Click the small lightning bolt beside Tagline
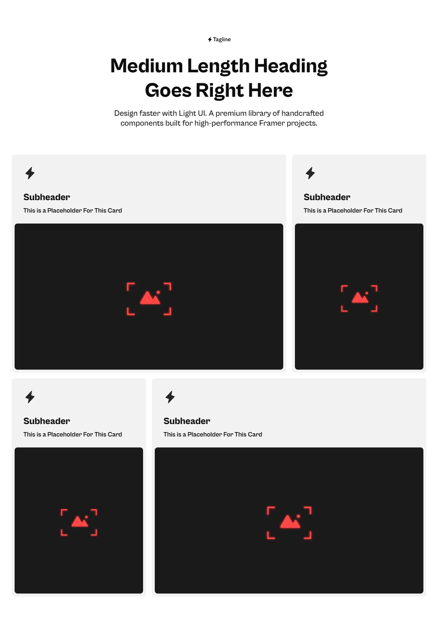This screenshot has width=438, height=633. [210, 39]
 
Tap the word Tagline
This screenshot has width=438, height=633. [222, 39]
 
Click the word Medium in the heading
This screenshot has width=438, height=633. [147, 66]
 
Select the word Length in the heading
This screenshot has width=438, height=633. [218, 66]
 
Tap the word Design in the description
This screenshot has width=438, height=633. [126, 113]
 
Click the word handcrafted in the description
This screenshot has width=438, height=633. [303, 113]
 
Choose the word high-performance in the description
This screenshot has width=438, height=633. [226, 123]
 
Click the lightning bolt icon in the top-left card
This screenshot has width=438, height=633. [30, 173]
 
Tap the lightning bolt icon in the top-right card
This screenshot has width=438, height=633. [310, 173]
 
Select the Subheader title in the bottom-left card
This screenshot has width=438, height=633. [47, 421]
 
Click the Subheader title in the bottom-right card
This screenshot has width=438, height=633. [187, 421]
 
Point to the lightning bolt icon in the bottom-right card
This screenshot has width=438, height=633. [170, 397]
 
